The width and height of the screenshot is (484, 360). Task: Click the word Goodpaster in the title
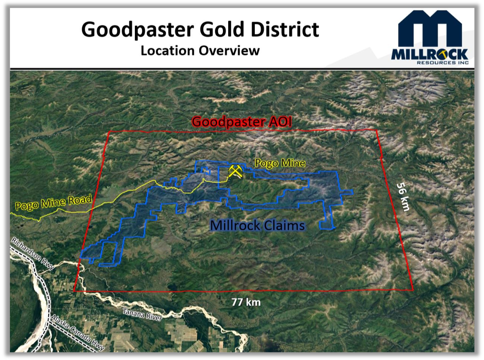138,30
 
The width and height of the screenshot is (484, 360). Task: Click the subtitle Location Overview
200,50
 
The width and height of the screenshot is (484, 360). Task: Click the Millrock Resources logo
430,37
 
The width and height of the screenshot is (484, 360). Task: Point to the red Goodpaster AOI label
242,121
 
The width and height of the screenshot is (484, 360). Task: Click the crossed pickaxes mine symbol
235,171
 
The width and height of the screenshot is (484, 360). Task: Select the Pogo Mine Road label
54,202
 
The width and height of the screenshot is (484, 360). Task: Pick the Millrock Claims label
257,225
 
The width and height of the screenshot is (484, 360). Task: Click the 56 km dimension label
403,197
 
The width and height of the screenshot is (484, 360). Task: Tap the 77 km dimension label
246,302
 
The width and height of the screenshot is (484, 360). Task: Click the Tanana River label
142,314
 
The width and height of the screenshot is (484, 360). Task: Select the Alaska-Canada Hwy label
78,332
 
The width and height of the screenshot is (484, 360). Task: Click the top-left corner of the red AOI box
110,132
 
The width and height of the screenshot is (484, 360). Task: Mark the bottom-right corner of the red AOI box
413,290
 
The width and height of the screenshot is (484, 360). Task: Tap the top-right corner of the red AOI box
377,130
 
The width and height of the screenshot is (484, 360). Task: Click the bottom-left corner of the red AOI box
74,291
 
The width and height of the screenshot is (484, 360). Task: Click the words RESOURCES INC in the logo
443,63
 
